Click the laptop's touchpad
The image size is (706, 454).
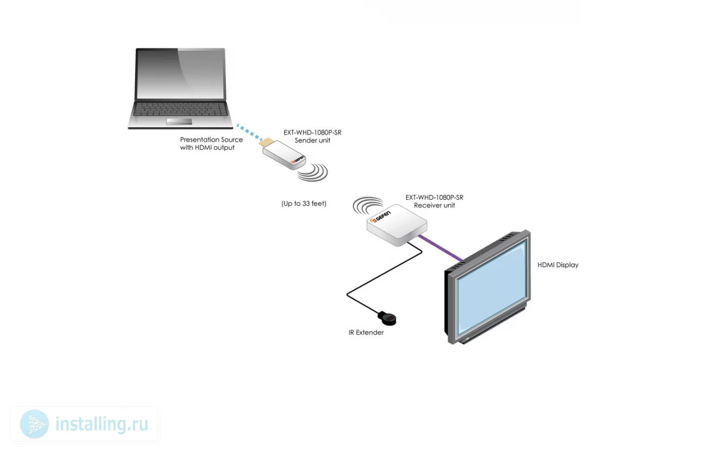pyautogui.click(x=179, y=121)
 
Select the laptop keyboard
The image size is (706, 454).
pyautogui.click(x=181, y=109)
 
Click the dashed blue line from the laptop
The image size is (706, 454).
pyautogui.click(x=250, y=132)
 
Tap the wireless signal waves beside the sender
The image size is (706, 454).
pyautogui.click(x=314, y=173)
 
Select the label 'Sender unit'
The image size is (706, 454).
pyautogui.click(x=312, y=141)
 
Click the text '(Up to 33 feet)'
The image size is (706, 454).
pyautogui.click(x=304, y=204)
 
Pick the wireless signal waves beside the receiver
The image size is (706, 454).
pyautogui.click(x=368, y=206)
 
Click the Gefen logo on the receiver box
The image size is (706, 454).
pyautogui.click(x=381, y=216)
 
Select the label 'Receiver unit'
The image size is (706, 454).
pyautogui.click(x=434, y=206)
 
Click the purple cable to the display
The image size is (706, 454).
pyautogui.click(x=441, y=248)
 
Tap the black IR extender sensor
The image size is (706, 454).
pyautogui.click(x=387, y=318)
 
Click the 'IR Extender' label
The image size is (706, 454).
pyautogui.click(x=366, y=332)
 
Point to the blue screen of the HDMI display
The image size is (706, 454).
pyautogui.click(x=492, y=286)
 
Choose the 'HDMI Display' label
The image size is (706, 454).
pyautogui.click(x=558, y=265)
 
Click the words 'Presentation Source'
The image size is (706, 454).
pyautogui.click(x=211, y=140)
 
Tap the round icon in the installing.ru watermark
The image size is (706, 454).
pyautogui.click(x=34, y=424)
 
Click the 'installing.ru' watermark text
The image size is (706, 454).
pyautogui.click(x=102, y=424)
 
